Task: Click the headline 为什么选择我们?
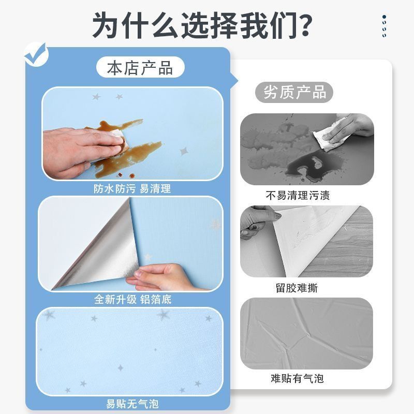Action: pyautogui.click(x=202, y=25)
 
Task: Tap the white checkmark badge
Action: pyautogui.click(x=36, y=55)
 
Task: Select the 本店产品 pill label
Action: pyautogui.click(x=140, y=67)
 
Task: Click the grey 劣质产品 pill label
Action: pyautogui.click(x=294, y=92)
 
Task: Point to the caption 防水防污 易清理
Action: pyautogui.click(x=132, y=188)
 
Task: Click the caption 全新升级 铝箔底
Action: pyautogui.click(x=133, y=300)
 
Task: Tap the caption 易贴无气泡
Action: pyautogui.click(x=132, y=404)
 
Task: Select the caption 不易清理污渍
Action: pyautogui.click(x=298, y=196)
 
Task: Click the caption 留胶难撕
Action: pyautogui.click(x=297, y=288)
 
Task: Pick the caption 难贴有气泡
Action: pyautogui.click(x=297, y=379)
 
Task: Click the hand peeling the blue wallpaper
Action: pyautogui.click(x=161, y=277)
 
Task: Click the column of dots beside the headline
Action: pyautogui.click(x=384, y=26)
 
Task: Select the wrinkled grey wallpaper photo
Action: pyautogui.click(x=306, y=333)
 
